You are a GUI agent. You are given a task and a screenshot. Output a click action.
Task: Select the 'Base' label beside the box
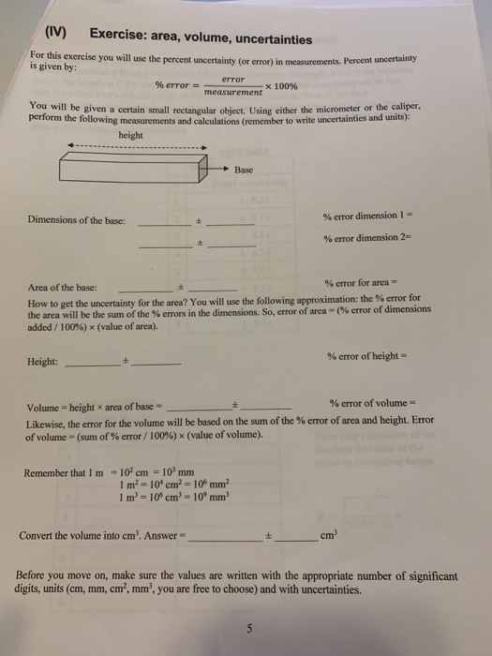coord(246,170)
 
